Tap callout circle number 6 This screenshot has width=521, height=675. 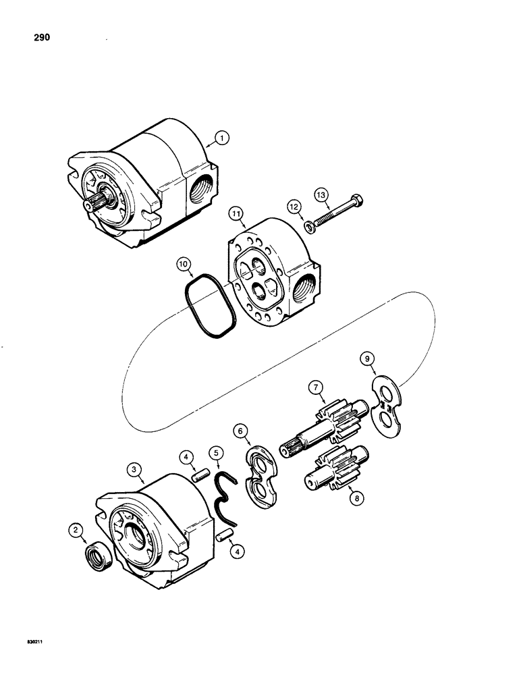(242, 429)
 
